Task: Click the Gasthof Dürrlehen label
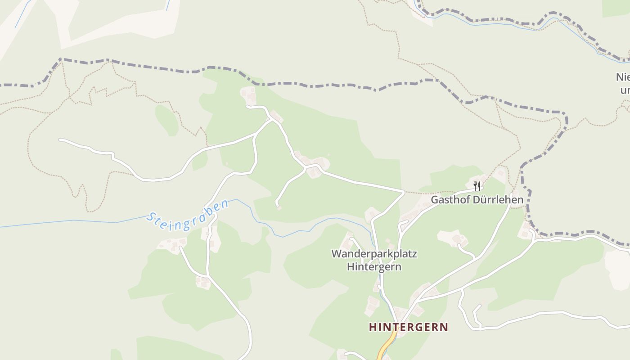477,199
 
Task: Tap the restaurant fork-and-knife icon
477,186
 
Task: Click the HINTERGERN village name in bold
409,327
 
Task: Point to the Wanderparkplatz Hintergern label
374,260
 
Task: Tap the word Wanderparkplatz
374,254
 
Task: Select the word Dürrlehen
498,199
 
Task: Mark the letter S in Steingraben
150,218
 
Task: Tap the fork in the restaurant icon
475,186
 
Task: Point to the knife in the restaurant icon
480,186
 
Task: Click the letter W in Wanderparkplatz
336,254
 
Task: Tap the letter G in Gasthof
435,199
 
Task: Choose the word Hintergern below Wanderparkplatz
374,267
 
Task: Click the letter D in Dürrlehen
476,199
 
